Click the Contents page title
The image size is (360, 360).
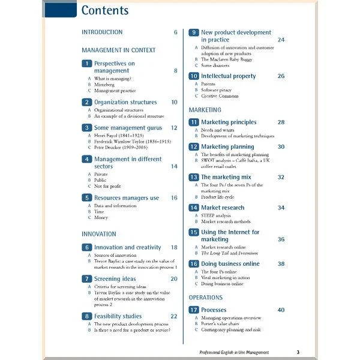click(x=104, y=10)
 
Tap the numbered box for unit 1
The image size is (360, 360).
click(x=86, y=64)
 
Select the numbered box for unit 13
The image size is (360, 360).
click(x=193, y=177)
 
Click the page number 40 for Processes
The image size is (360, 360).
click(x=281, y=310)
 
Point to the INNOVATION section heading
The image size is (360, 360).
click(x=99, y=234)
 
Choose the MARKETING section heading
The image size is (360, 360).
click(x=205, y=110)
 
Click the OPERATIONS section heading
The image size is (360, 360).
click(x=206, y=298)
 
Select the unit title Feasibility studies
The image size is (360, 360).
click(x=118, y=316)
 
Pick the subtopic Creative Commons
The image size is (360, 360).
click(x=220, y=96)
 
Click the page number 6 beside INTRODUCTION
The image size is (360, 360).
click(x=176, y=32)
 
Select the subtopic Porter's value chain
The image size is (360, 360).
click(x=224, y=323)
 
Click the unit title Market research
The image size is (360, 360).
click(x=223, y=208)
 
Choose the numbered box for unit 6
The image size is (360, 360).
click(x=86, y=247)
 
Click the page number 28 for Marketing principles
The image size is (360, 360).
click(x=281, y=122)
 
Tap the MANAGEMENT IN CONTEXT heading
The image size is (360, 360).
click(x=119, y=50)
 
